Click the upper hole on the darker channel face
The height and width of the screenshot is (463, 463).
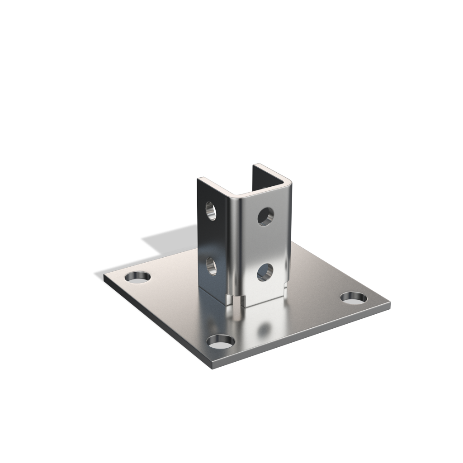(211, 210)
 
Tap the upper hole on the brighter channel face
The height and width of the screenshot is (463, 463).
(265, 217)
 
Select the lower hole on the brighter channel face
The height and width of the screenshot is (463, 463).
(265, 272)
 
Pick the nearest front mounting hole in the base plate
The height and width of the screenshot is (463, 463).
(221, 341)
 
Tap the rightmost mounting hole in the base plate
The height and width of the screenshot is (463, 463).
(354, 298)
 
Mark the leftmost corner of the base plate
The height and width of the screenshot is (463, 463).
(104, 276)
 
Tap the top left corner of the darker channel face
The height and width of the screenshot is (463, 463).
(198, 179)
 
